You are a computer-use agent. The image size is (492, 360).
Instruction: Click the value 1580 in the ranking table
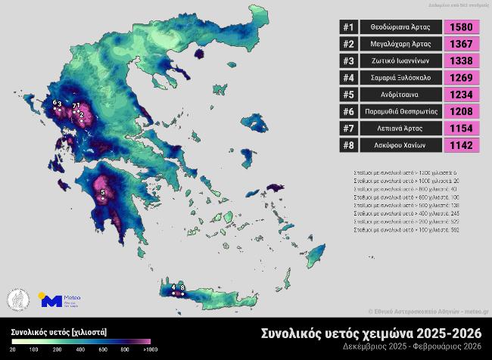point(461,27)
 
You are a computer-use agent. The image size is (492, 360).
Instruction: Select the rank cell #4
point(348,78)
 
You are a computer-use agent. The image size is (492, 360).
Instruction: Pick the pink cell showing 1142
point(461,146)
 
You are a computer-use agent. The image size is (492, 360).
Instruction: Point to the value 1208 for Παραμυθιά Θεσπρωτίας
point(461,112)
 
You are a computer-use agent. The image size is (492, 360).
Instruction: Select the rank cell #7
point(348,129)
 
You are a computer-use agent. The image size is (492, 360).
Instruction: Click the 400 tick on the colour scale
point(80,349)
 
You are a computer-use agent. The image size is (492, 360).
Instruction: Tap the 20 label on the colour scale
point(13,349)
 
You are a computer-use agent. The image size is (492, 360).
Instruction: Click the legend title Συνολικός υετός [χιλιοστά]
point(58,331)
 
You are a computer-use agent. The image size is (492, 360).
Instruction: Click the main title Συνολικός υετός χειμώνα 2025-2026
point(371,333)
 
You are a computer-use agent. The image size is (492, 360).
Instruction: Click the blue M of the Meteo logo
point(51,300)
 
